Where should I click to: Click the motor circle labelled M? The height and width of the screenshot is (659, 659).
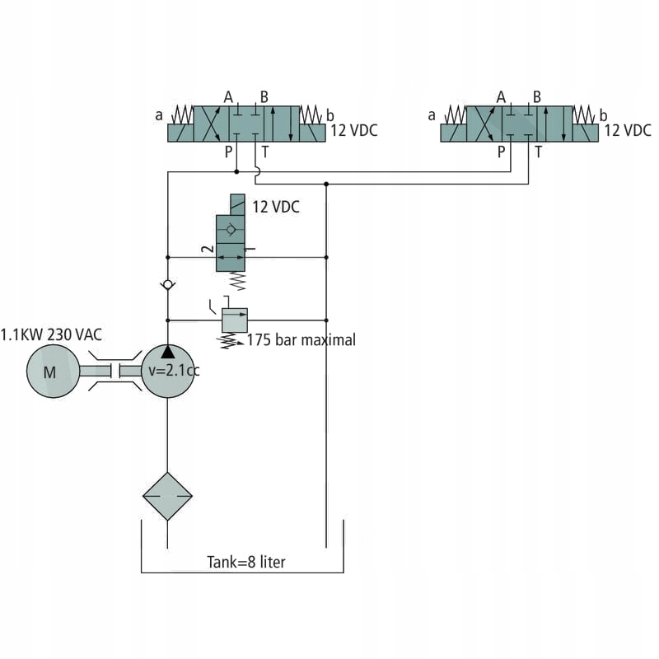51,372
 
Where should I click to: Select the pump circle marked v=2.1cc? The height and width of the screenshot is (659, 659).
168,371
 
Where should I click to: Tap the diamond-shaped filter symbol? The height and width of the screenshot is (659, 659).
167,496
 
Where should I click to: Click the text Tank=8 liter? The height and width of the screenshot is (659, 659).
245,563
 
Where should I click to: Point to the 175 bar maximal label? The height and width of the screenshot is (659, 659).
301,339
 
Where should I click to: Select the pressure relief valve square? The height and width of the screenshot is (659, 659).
235,320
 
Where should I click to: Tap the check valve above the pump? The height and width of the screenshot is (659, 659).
167,284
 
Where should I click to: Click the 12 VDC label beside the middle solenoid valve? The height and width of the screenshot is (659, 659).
276,208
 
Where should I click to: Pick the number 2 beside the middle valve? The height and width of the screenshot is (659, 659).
208,248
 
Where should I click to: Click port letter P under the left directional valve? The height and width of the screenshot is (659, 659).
228,152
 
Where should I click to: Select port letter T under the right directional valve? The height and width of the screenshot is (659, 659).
538,152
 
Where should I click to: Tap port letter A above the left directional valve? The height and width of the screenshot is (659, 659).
228,97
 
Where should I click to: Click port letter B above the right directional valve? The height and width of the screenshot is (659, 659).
536,97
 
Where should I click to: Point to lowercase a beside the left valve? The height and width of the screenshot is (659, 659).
159,115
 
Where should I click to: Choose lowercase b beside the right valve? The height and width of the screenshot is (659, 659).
603,115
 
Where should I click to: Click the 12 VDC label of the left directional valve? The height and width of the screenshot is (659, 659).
354,130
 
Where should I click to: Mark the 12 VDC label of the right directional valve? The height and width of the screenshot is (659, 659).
628,130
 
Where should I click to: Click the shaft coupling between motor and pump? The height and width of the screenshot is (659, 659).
115,372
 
